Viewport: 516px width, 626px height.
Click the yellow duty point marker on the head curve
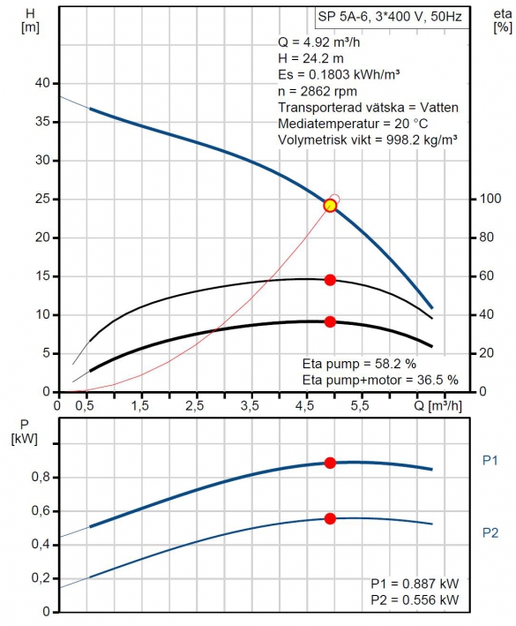[330, 206]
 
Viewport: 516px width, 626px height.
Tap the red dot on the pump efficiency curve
[330, 280]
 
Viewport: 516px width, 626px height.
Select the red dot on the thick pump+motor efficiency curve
[330, 321]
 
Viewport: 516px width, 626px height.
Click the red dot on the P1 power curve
[330, 464]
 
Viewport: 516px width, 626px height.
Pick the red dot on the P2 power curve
[330, 518]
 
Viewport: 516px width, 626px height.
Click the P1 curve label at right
[490, 461]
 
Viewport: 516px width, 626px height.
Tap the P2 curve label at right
[490, 532]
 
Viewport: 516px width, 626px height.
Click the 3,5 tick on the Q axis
[250, 405]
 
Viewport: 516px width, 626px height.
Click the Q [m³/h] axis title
[437, 406]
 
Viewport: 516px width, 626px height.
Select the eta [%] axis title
[503, 20]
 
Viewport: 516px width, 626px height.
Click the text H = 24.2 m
[310, 58]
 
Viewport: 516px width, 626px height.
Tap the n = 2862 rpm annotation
[318, 92]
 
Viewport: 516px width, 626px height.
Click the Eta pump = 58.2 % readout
[359, 364]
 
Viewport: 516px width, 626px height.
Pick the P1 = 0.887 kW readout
[415, 584]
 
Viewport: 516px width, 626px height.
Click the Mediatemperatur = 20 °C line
[353, 124]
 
